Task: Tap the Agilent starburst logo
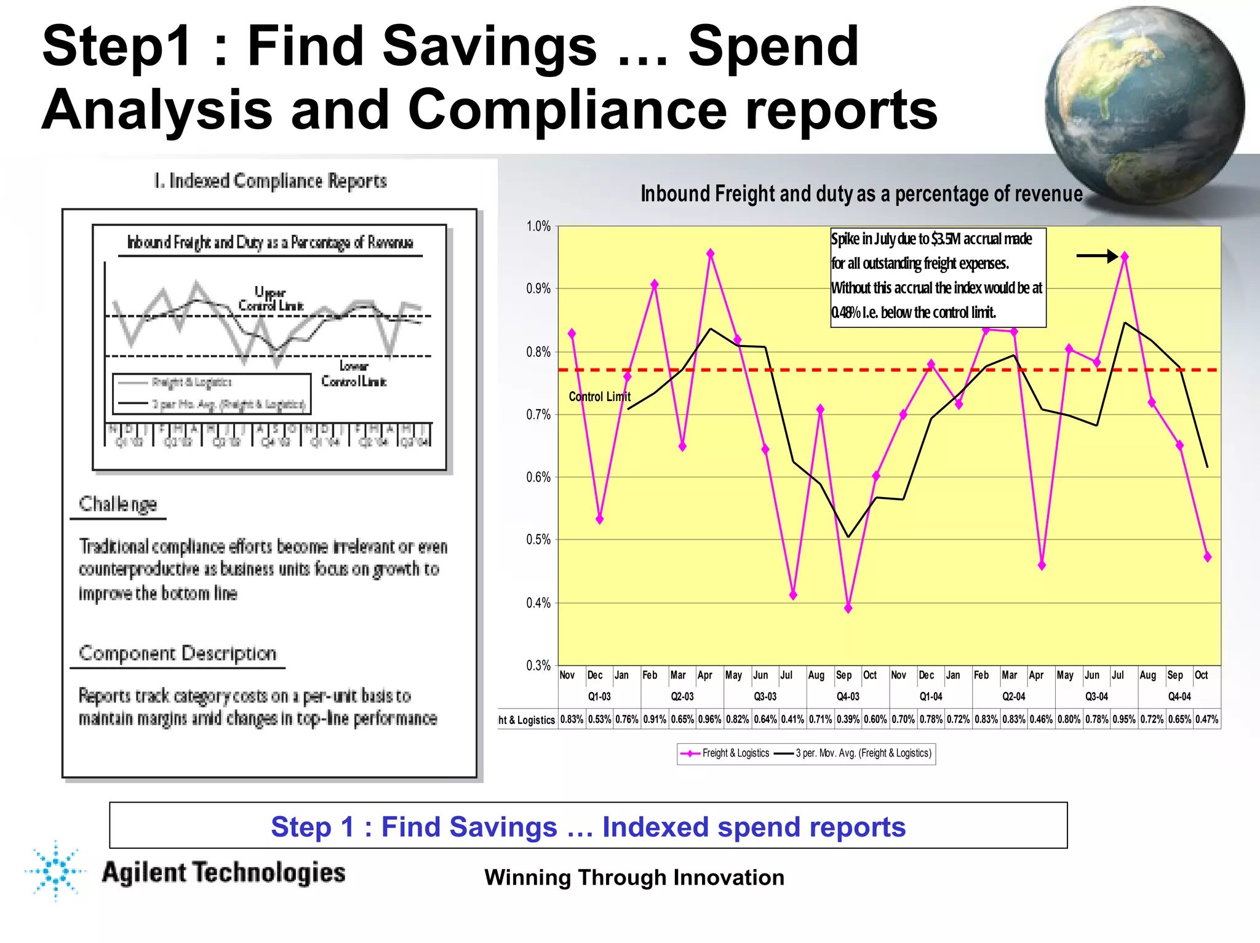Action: pos(56,870)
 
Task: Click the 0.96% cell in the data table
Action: pos(709,719)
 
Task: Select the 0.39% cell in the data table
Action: pos(848,719)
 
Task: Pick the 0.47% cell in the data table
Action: pos(1206,719)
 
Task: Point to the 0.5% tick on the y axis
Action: pos(538,540)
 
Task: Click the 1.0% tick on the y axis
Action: pos(538,226)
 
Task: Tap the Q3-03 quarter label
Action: pos(765,696)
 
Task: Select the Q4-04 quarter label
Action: pos(1179,696)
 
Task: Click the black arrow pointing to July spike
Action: pos(1096,256)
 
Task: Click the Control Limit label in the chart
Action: pos(599,397)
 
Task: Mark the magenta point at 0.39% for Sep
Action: pos(848,608)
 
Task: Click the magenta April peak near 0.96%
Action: pos(710,253)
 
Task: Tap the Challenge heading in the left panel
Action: pos(118,504)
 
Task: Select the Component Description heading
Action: pos(177,653)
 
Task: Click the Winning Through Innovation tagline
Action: pos(634,877)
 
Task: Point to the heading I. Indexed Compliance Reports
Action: pos(270,181)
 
